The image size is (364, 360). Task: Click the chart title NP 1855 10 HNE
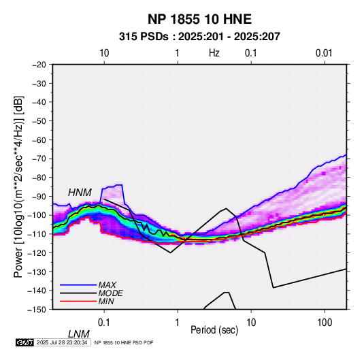pos(199,19)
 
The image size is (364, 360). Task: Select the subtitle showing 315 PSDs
pos(199,37)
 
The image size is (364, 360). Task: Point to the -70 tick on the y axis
pos(39,159)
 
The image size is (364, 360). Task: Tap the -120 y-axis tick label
pos(37,253)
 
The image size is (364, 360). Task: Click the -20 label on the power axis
pos(39,65)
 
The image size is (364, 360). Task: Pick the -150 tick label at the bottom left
pos(37,310)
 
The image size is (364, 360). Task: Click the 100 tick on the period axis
pos(324,323)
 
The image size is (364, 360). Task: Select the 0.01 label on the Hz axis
pos(324,53)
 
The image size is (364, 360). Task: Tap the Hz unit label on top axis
pos(214,53)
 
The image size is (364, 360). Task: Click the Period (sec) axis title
pos(214,330)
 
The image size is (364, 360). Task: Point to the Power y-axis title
pos(18,187)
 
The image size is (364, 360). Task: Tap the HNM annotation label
pos(80,193)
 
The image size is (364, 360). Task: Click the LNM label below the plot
pos(79,334)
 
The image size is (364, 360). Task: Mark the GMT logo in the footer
pos(25,342)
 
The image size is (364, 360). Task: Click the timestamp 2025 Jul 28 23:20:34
pos(62,342)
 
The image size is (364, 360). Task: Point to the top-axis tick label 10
pos(104,53)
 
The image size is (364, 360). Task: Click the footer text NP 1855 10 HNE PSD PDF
pos(124,342)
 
